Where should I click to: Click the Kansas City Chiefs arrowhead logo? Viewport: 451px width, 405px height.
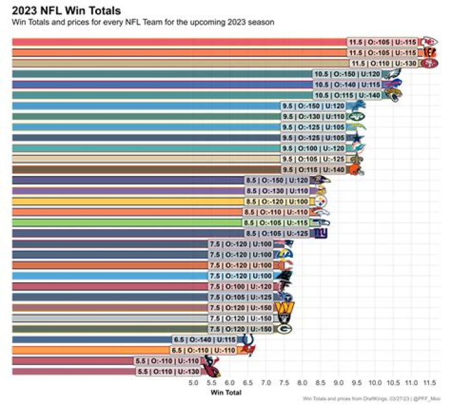(429, 41)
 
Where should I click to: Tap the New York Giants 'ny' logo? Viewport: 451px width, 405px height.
(320, 233)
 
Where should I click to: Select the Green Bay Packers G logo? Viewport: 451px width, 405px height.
(284, 329)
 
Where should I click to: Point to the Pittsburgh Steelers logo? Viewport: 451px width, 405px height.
(320, 201)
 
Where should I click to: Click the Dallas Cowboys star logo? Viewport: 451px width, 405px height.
(358, 137)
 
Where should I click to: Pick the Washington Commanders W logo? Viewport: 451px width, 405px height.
(286, 307)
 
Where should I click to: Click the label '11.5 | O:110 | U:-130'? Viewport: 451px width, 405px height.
(384, 63)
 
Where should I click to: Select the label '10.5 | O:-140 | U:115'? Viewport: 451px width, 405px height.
(347, 84)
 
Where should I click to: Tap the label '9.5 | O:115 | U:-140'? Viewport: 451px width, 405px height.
(313, 169)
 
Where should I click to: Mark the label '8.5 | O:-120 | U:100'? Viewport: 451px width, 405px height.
(276, 201)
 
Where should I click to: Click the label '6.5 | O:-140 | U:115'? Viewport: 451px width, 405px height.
(204, 339)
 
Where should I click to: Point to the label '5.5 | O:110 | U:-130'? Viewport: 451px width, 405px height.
(168, 371)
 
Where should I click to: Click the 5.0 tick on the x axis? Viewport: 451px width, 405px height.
(193, 382)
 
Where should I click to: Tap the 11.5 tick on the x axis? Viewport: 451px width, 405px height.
(429, 382)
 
